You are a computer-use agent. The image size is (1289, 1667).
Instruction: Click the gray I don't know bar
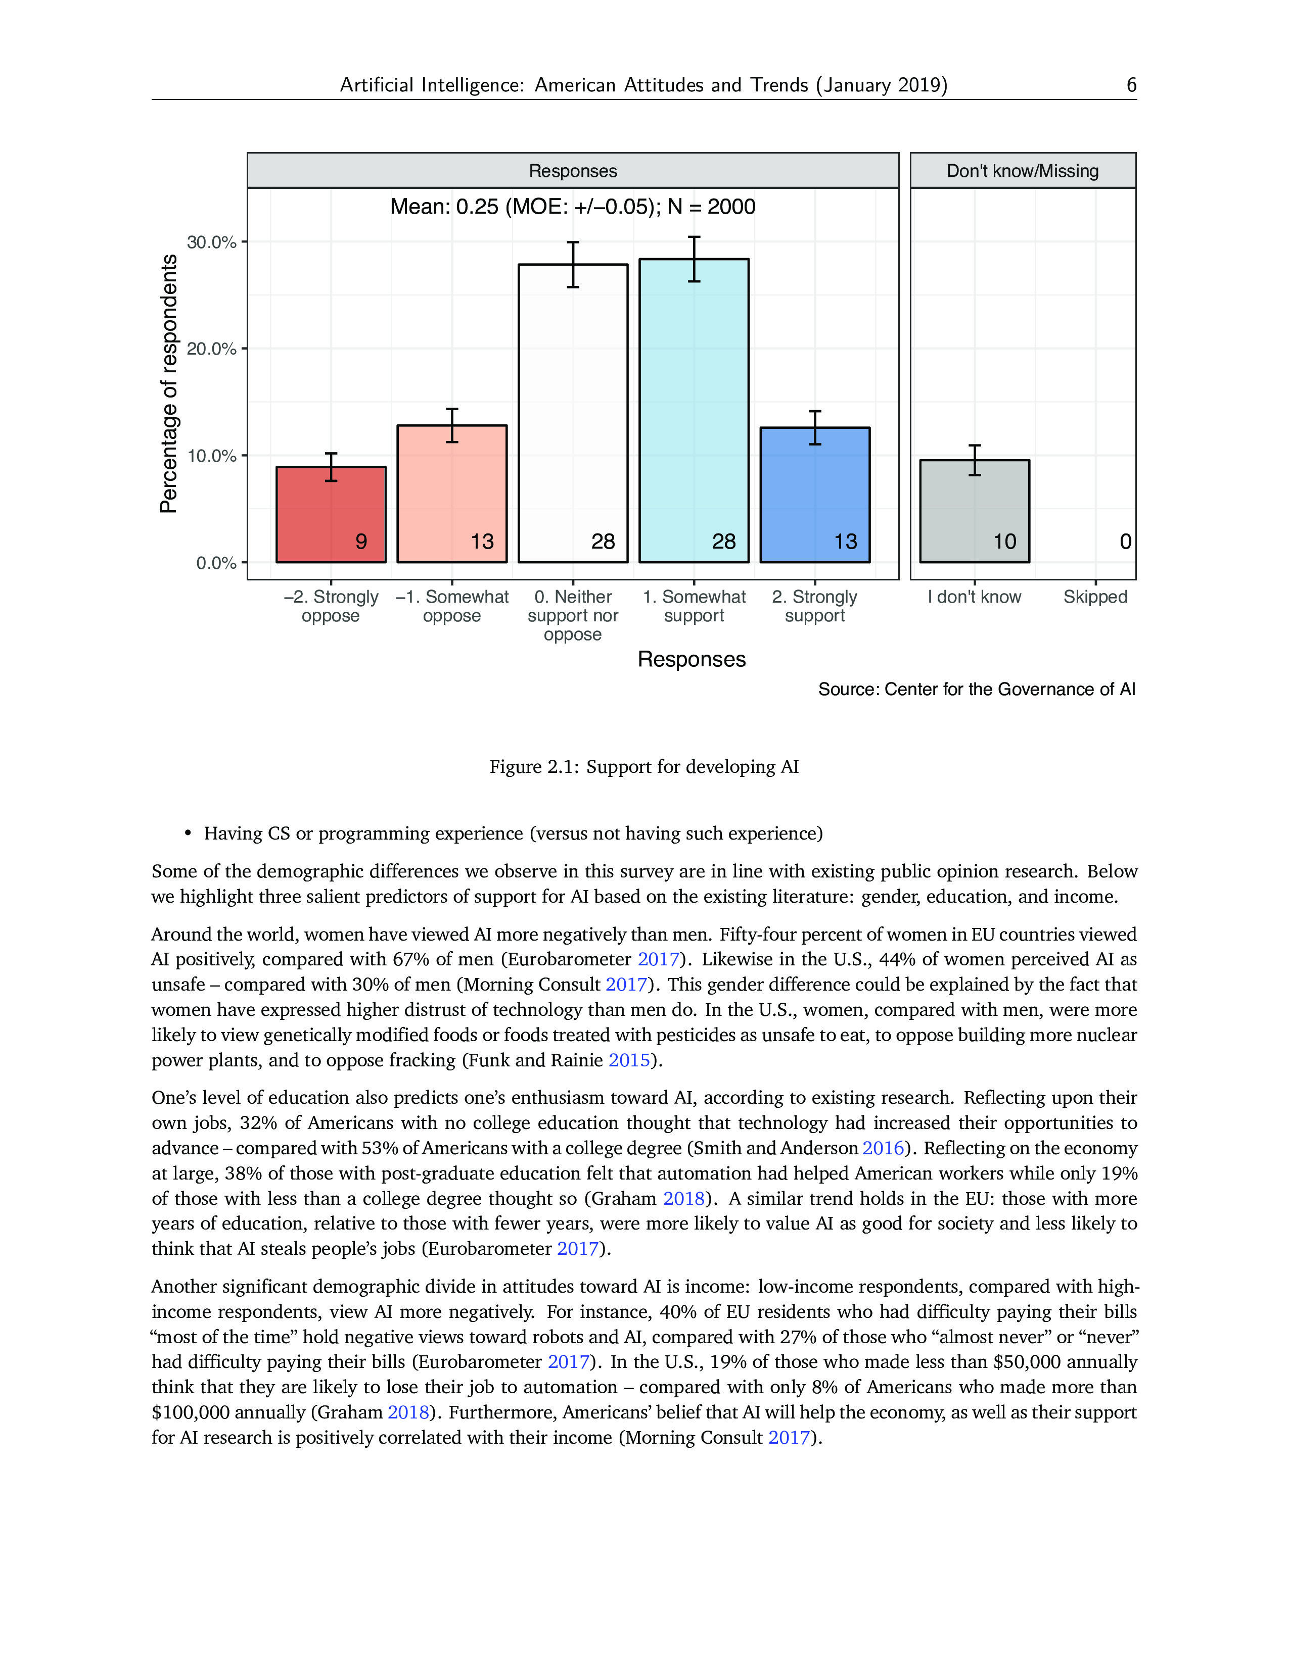pyautogui.click(x=975, y=511)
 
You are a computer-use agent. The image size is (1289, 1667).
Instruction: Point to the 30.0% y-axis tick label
pyautogui.click(x=211, y=242)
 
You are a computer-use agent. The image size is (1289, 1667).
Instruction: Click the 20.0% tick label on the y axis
pyautogui.click(x=211, y=349)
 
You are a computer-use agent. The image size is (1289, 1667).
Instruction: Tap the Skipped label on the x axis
pyautogui.click(x=1095, y=597)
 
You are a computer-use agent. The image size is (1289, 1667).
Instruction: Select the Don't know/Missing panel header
pyautogui.click(x=1023, y=171)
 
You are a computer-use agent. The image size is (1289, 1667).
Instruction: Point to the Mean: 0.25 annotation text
pyautogui.click(x=573, y=207)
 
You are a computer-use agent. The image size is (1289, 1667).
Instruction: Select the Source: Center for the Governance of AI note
pyautogui.click(x=977, y=689)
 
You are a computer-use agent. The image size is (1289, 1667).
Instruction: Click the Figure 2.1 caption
pyautogui.click(x=643, y=766)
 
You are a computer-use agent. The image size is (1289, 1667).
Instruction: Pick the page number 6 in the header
pyautogui.click(x=1131, y=85)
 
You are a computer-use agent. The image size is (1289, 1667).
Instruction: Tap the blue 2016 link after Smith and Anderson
pyautogui.click(x=883, y=1148)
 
